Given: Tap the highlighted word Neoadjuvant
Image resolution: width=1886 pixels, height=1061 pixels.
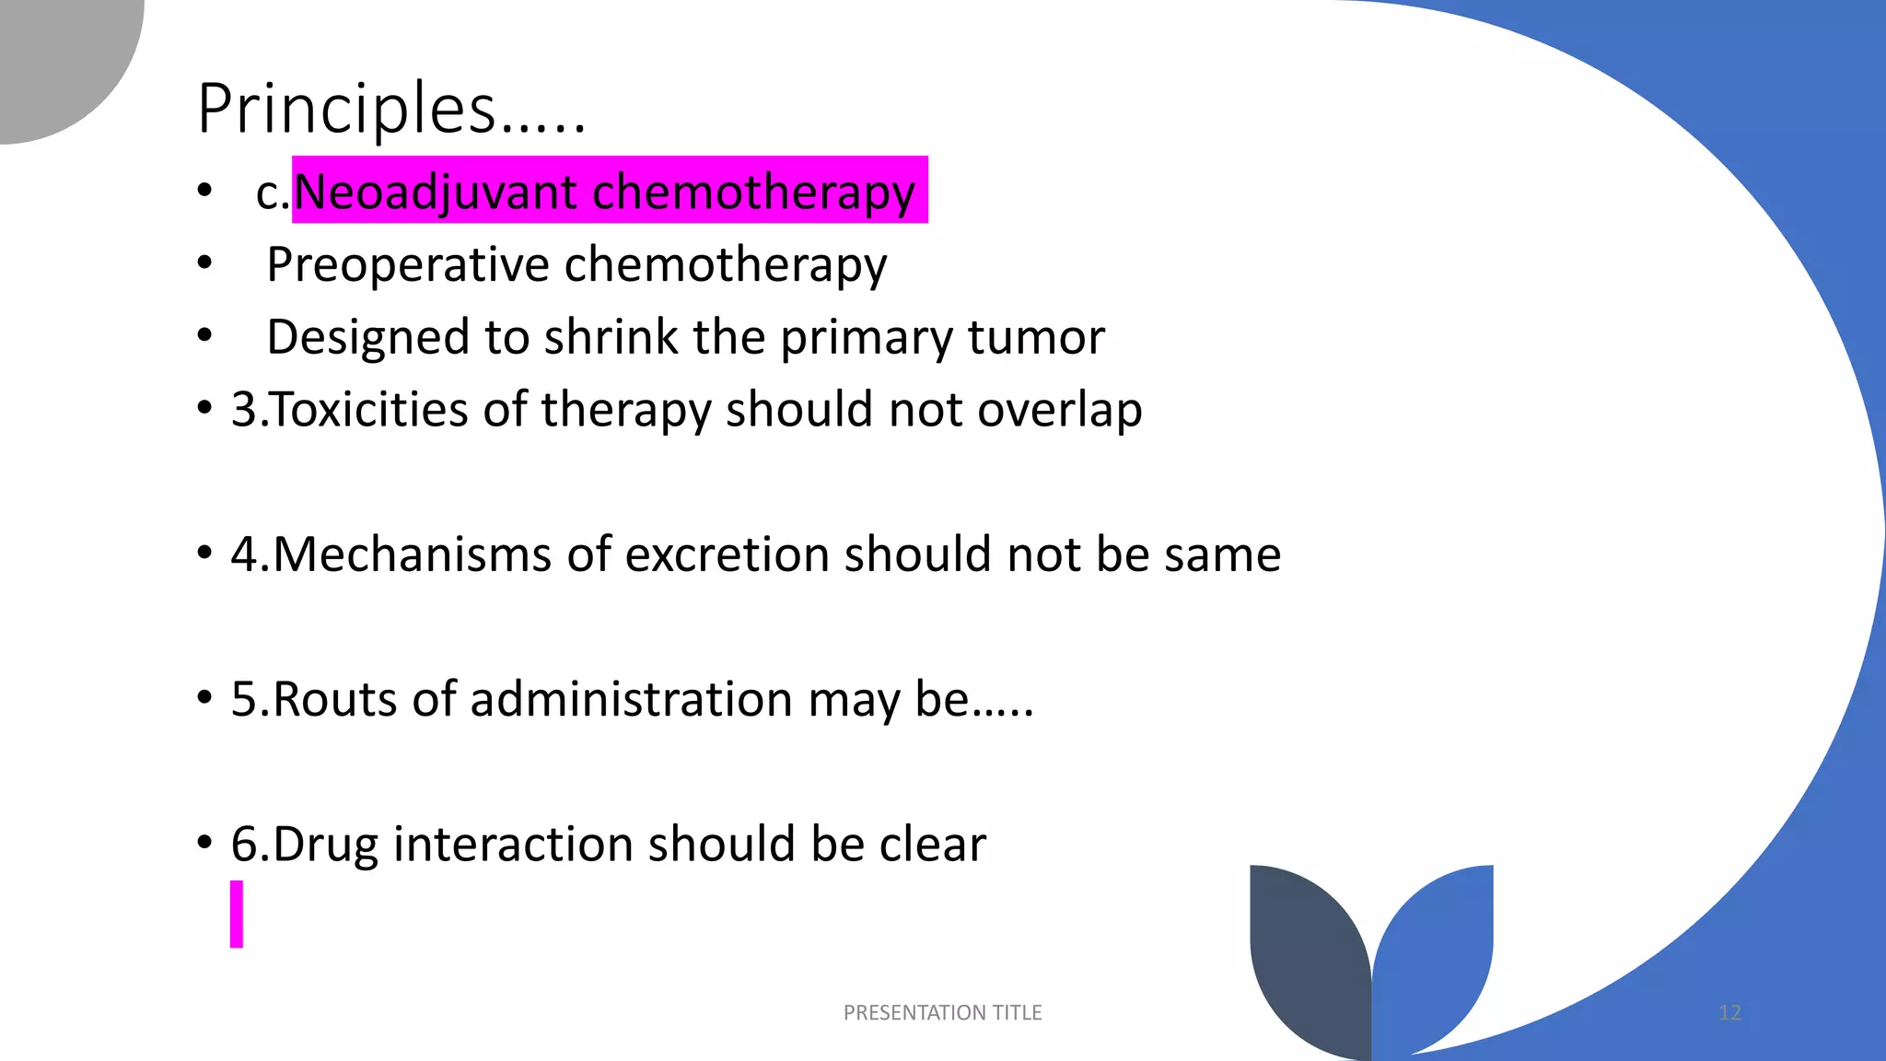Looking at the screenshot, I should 436,192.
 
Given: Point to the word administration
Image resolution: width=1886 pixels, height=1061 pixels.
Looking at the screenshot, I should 632,699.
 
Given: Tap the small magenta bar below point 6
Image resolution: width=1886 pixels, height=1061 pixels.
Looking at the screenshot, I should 237,914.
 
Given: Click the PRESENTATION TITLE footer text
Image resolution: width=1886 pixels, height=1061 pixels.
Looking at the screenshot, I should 942,1013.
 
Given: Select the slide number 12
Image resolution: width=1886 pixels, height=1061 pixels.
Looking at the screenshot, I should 1729,1013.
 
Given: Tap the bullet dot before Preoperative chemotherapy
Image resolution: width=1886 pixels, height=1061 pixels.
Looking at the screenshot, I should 204,264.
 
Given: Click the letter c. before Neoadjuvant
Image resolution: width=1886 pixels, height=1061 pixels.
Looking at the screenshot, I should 273,193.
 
